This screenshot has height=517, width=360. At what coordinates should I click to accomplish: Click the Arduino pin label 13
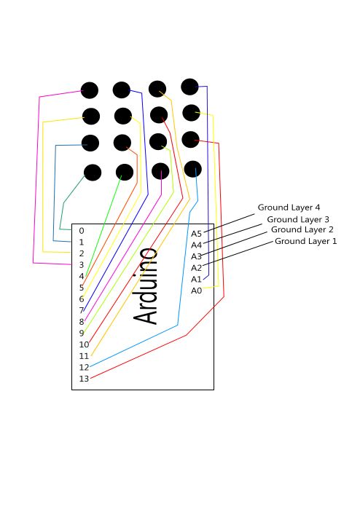coord(84,379)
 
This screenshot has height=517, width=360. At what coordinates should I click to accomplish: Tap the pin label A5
coord(196,234)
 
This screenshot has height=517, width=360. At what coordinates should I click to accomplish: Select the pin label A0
coord(196,291)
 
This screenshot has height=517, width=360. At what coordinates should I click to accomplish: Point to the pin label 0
coord(82,231)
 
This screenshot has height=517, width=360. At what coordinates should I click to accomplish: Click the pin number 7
coord(82,310)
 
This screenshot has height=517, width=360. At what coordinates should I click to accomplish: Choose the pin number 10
coord(84,344)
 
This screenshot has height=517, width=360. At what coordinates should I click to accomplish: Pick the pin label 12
coord(84,367)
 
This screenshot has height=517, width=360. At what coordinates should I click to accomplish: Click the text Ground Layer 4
coord(289,208)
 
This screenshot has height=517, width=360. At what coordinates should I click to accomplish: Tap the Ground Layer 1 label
coord(306,241)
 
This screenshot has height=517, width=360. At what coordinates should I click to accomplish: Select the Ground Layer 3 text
coord(298,220)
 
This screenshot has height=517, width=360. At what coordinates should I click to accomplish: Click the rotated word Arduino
coord(145,286)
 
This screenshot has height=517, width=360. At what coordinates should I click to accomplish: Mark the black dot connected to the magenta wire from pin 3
coord(90,90)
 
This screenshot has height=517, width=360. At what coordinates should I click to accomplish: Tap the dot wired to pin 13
coord(190,140)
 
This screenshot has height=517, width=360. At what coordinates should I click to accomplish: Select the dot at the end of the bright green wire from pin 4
coord(125,173)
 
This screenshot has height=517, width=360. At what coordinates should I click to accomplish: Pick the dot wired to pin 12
coord(192,169)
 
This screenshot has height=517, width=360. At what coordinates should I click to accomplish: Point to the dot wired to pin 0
coord(93,173)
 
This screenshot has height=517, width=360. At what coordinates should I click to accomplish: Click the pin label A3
coord(196,256)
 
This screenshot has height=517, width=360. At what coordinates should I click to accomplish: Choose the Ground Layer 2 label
coord(302,230)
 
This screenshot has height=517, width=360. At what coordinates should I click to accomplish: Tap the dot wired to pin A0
coord(191,113)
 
